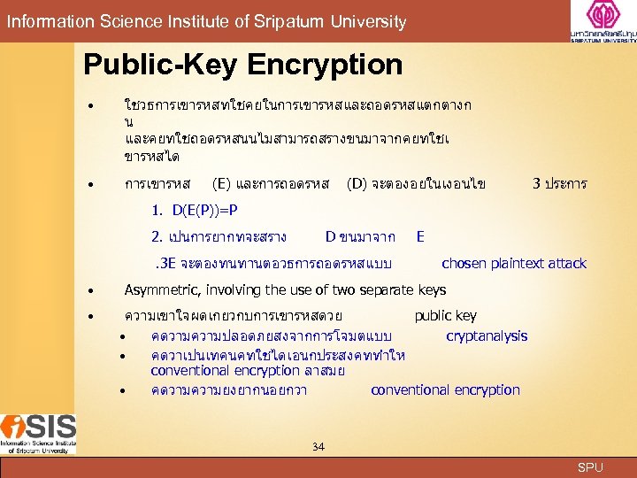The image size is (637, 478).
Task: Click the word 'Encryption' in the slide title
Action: click(325, 65)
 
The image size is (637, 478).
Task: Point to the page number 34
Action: click(318, 446)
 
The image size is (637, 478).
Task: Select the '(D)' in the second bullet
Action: click(358, 184)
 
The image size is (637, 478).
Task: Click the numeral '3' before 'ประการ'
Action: click(536, 184)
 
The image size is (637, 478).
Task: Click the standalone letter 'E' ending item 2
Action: click(420, 236)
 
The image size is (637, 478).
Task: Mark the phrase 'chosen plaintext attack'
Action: click(513, 263)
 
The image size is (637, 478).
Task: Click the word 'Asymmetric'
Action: click(158, 289)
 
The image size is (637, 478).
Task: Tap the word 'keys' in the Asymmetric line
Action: click(432, 289)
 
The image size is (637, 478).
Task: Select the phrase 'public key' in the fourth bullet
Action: click(445, 315)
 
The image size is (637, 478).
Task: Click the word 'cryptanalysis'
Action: click(487, 335)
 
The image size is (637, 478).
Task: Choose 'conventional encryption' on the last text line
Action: click(445, 389)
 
